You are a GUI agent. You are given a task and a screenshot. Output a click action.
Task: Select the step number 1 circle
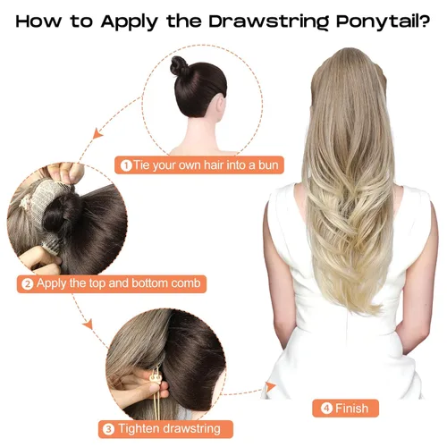pos(126,165)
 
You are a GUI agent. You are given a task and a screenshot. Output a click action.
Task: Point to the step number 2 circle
pos(28,284)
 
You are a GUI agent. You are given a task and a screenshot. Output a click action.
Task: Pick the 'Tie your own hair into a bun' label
pos(193,165)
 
